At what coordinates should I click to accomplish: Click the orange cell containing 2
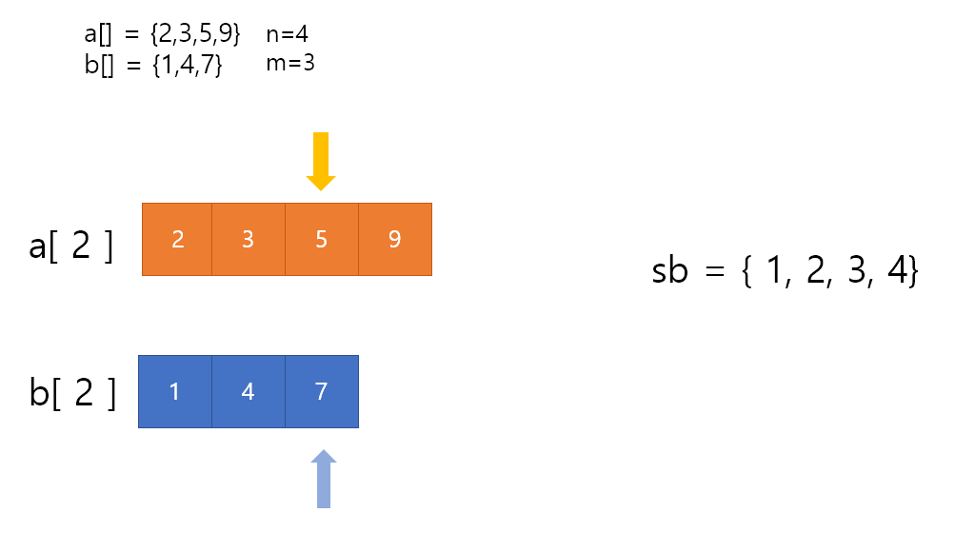coord(177,239)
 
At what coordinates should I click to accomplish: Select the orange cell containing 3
coord(249,239)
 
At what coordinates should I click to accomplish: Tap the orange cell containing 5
coord(322,239)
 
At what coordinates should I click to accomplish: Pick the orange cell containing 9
coord(395,239)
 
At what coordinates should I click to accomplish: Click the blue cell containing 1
coord(174,391)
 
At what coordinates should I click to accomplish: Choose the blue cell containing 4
coord(249,391)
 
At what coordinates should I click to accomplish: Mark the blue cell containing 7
coord(322,391)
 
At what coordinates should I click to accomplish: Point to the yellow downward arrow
coord(321,161)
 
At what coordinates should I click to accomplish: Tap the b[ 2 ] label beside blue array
coord(72,392)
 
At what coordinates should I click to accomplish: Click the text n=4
coord(287,34)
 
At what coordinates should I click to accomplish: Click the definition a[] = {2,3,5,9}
coord(162,35)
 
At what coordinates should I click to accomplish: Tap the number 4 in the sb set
coord(896,272)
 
